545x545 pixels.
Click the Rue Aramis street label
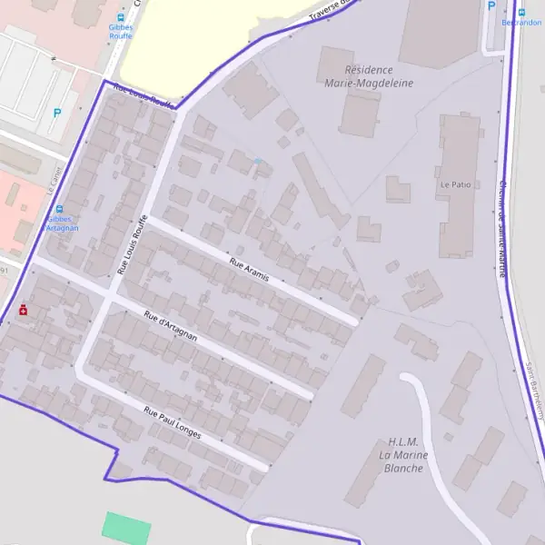250,270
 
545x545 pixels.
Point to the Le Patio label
457,183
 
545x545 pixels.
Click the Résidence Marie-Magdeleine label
369,76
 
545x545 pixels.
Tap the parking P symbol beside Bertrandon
491,5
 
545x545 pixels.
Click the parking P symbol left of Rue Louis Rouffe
57,114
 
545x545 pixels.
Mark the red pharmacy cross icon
23,310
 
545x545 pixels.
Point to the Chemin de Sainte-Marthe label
501,227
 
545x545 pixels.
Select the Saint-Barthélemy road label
532,391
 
